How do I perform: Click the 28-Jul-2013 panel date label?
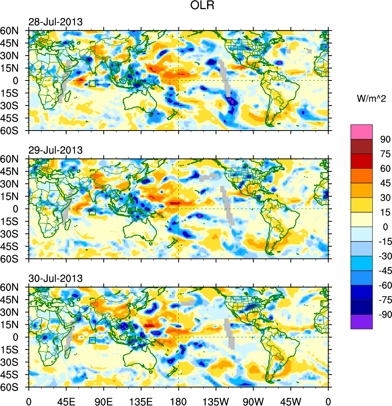(55, 22)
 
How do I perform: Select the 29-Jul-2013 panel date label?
(55, 150)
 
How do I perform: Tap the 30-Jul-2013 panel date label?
(55, 278)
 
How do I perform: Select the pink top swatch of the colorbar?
(362, 132)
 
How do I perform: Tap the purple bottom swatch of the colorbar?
(362, 322)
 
